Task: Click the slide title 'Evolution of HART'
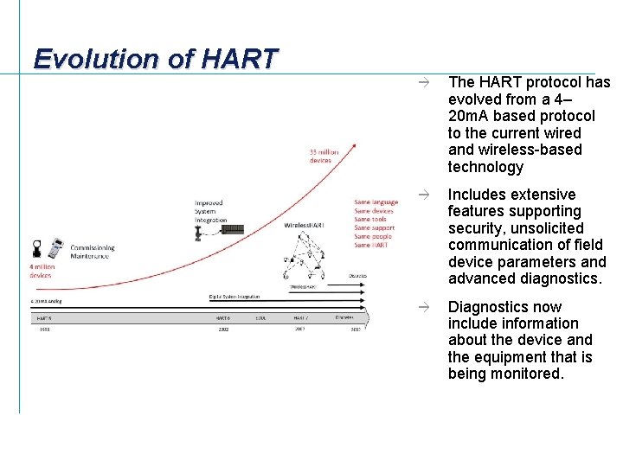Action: pos(156,59)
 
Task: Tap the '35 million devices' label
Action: pos(324,156)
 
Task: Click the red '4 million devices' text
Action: pos(42,271)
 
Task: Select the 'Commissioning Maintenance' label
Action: pos(92,251)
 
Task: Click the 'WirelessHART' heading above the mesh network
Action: pos(303,225)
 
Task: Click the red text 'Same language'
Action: pos(376,202)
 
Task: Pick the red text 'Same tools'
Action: pos(371,220)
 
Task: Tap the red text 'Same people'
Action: pos(373,236)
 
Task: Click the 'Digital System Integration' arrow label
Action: pos(235,297)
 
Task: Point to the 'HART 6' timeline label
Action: pos(222,317)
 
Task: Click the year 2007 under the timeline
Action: pos(299,329)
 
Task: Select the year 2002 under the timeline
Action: pos(222,329)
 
